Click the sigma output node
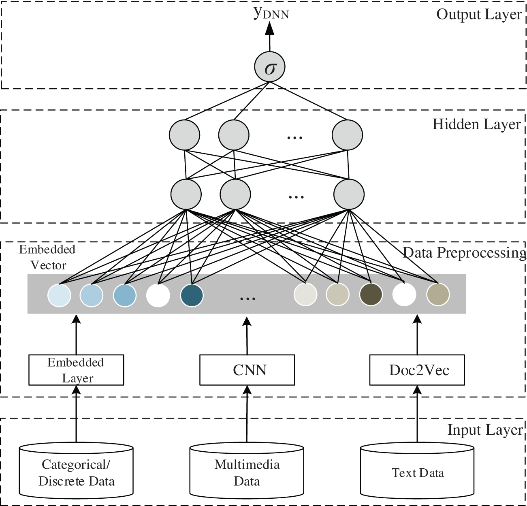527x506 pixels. click(x=270, y=67)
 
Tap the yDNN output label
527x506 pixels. click(x=271, y=13)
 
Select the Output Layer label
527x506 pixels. click(x=479, y=15)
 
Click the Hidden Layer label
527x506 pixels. click(x=476, y=124)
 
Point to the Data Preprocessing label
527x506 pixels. click(x=464, y=253)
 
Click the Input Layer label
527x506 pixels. click(x=484, y=430)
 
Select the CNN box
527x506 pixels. click(x=247, y=370)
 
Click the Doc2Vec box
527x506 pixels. click(x=417, y=370)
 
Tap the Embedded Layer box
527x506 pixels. click(x=76, y=370)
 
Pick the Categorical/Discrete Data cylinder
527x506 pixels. click(x=77, y=472)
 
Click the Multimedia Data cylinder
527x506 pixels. click(x=247, y=472)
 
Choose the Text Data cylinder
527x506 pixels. click(x=417, y=472)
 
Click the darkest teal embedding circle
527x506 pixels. click(x=192, y=295)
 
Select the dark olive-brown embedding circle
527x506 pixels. click(x=371, y=295)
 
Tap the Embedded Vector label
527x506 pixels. click(x=47, y=257)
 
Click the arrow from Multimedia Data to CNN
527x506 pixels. click(x=247, y=413)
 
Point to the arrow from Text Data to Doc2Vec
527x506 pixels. click(x=417, y=413)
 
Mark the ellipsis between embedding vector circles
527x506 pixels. click(x=247, y=299)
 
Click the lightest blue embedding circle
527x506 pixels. click(x=60, y=295)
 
